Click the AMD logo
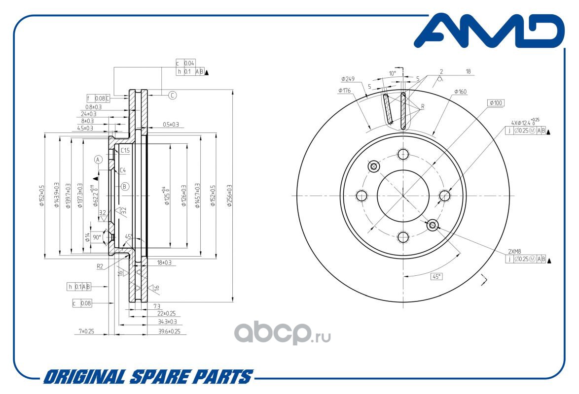tap(488, 33)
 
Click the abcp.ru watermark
tap(282, 334)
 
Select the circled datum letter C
tap(172, 96)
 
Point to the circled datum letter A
tap(98, 160)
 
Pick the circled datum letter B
tap(125, 186)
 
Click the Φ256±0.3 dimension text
tap(229, 196)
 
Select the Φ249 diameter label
tap(348, 79)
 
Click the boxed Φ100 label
tap(496, 103)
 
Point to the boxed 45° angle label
tap(436, 276)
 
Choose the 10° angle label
tap(393, 73)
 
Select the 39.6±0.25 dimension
tap(169, 331)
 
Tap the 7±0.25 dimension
tap(86, 331)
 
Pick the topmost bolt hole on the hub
tap(403, 154)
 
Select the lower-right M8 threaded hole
tap(433, 225)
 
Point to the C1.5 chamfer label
tap(125, 151)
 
